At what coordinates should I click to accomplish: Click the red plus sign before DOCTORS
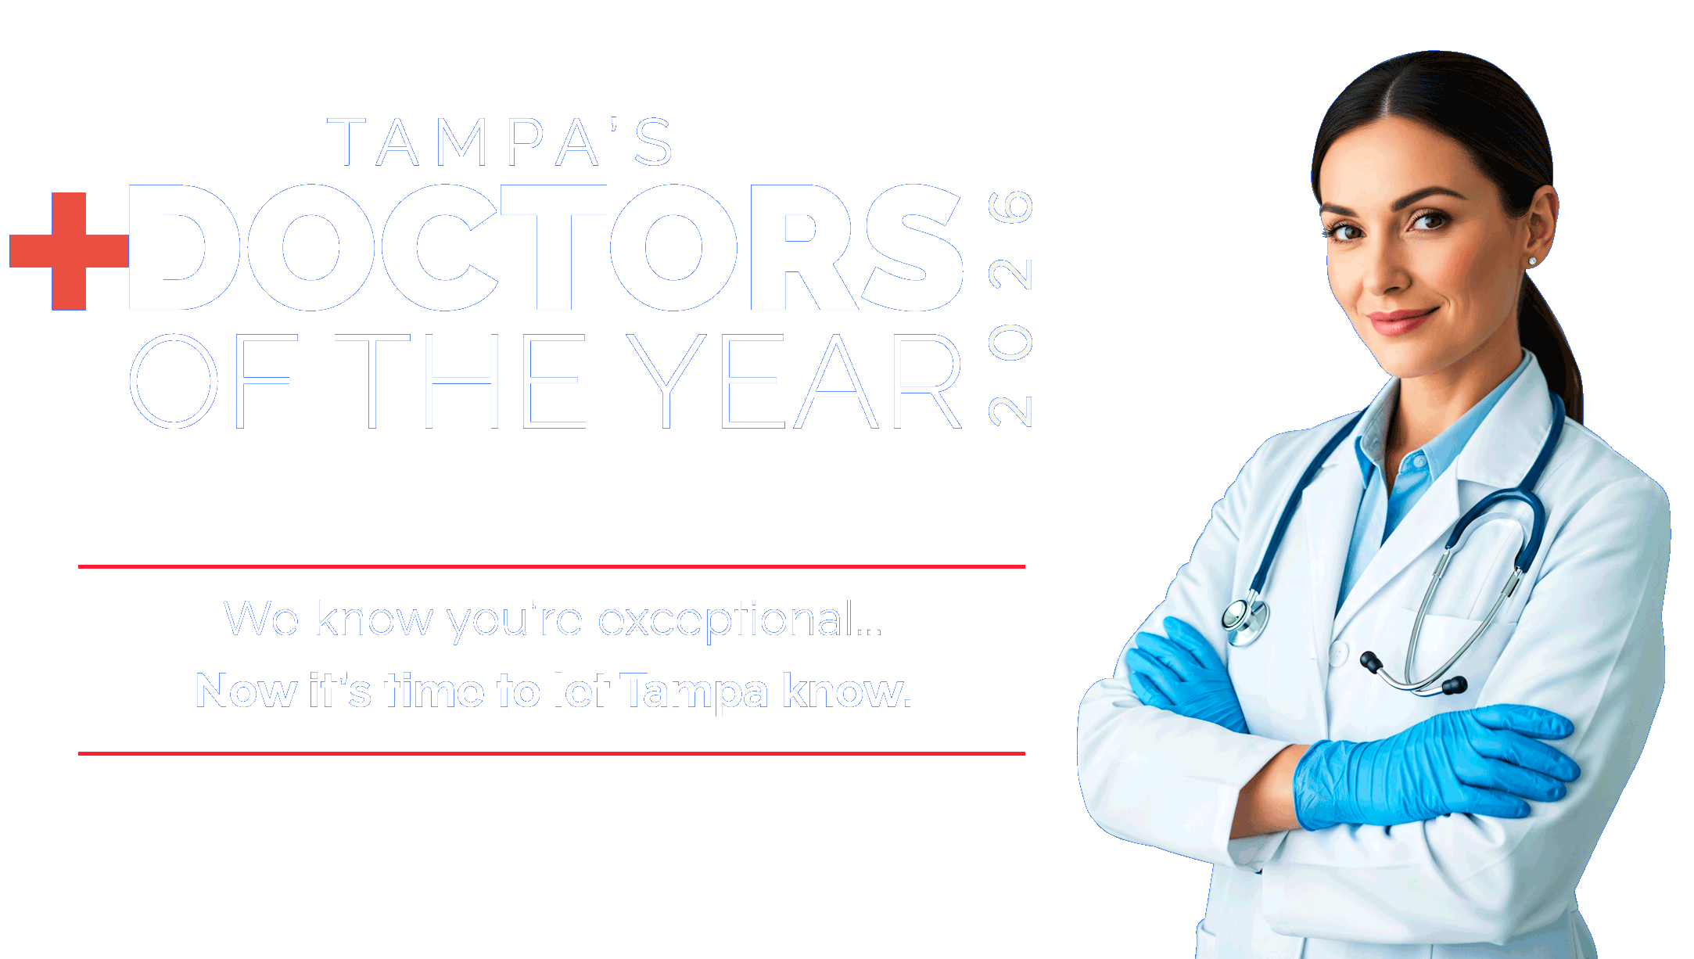tap(69, 250)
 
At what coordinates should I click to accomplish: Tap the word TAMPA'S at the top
tap(501, 142)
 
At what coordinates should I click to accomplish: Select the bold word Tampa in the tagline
tap(694, 691)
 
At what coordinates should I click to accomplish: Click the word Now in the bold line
tap(246, 691)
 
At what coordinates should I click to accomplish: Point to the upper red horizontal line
tap(551, 566)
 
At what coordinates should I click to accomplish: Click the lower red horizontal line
tap(551, 753)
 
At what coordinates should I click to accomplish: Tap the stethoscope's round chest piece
tap(1244, 618)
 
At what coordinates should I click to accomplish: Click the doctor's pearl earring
tap(1531, 261)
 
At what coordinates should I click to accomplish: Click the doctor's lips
tap(1401, 320)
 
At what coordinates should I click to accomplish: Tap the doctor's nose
tap(1384, 274)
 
